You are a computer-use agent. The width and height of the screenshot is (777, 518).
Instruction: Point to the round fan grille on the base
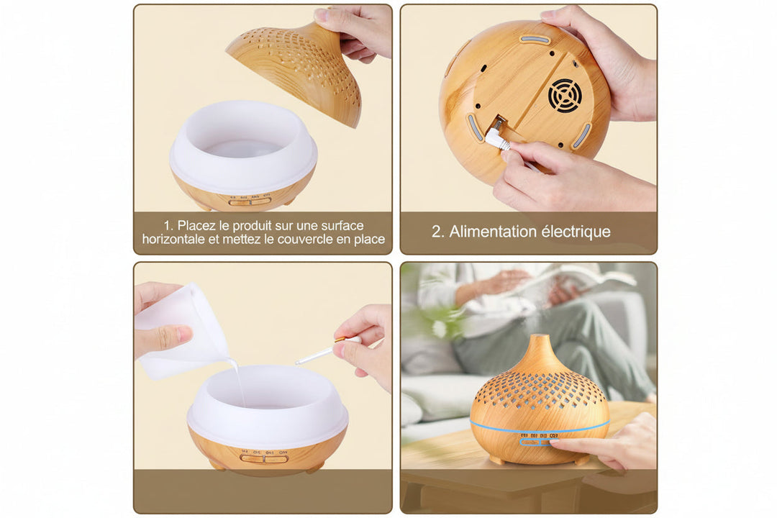[x=565, y=96]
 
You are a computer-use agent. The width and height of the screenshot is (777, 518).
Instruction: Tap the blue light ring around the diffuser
[x=540, y=427]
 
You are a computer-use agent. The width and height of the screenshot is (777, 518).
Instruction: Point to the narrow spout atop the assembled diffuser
[x=540, y=345]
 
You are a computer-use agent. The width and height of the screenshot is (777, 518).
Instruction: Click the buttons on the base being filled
[x=264, y=458]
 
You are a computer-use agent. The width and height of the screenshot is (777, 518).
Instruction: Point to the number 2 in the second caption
[x=436, y=232]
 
